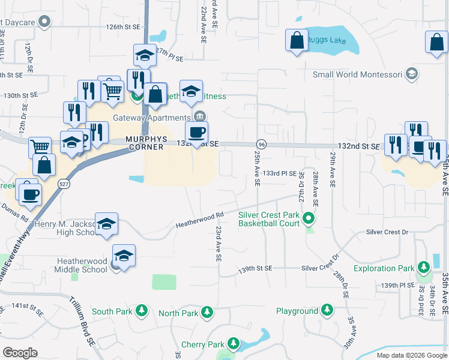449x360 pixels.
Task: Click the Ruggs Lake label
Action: pyautogui.click(x=324, y=41)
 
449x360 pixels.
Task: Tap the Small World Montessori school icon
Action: pyautogui.click(x=412, y=74)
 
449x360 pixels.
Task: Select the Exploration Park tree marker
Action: pyautogui.click(x=424, y=266)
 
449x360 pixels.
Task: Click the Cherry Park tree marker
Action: pyautogui.click(x=233, y=344)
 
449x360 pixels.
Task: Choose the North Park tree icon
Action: pyautogui.click(x=207, y=312)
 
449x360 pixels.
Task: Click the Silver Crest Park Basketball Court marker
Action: pyautogui.click(x=309, y=217)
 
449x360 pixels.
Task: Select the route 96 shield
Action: pyautogui.click(x=261, y=145)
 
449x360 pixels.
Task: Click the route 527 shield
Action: pyautogui.click(x=64, y=185)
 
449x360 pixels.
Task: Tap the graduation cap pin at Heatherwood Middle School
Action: pyautogui.click(x=124, y=256)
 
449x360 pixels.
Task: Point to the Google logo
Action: pyautogui.click(x=20, y=353)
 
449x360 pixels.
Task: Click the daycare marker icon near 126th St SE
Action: pyautogui.click(x=43, y=22)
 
